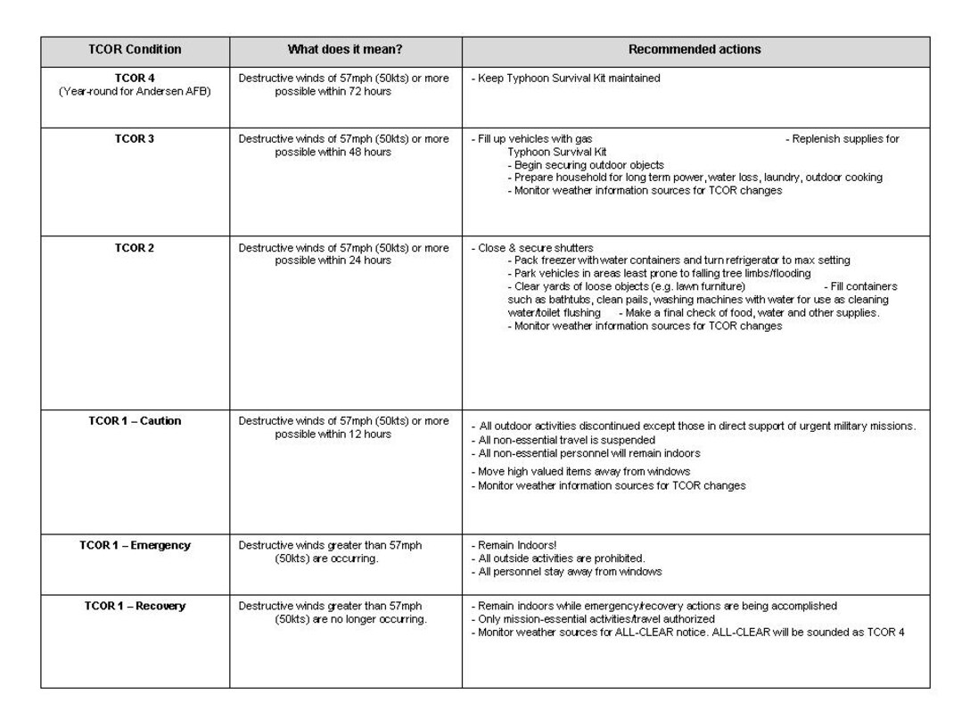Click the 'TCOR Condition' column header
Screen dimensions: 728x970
tap(135, 50)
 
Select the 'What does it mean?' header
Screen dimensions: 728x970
tap(345, 50)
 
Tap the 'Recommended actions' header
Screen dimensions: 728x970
tap(695, 50)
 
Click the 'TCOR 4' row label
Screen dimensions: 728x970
tap(135, 79)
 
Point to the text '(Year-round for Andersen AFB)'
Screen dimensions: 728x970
tap(135, 92)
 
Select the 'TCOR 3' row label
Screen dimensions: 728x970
tap(135, 139)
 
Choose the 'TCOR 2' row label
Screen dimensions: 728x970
tap(135, 248)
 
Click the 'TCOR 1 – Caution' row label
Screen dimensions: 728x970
tap(135, 421)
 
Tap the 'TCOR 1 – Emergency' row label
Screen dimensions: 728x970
tap(135, 545)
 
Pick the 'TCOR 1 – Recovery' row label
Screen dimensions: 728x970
tap(135, 607)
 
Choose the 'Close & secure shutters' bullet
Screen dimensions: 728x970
tap(535, 248)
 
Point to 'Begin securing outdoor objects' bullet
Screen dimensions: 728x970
tap(588, 165)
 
